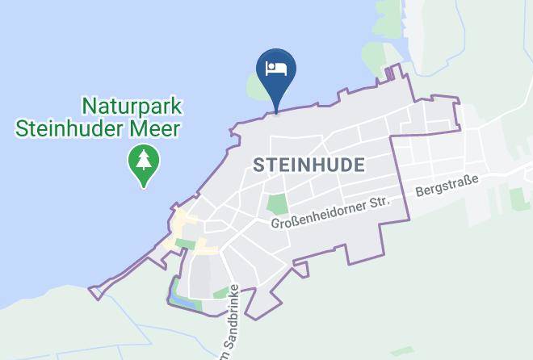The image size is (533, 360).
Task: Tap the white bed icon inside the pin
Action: click(276, 68)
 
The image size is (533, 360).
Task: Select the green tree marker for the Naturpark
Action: click(144, 164)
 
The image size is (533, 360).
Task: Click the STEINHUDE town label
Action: click(308, 165)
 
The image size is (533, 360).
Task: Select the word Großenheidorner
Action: click(319, 214)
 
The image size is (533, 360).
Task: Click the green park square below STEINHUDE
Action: click(278, 205)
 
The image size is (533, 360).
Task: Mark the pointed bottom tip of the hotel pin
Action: click(276, 111)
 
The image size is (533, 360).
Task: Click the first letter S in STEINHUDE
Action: click(258, 165)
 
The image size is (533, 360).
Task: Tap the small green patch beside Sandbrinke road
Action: click(220, 292)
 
